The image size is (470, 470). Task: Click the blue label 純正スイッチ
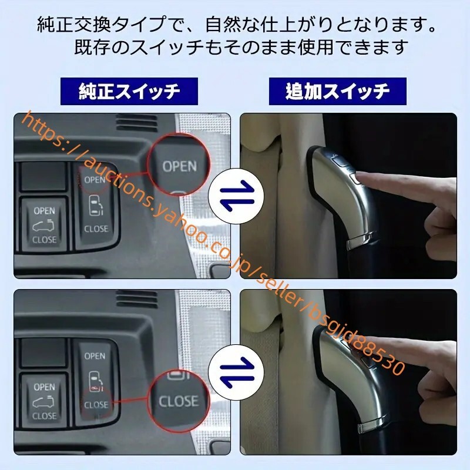(x=129, y=91)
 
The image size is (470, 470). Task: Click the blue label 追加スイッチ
(x=337, y=91)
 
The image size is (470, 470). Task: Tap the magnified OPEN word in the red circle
(x=180, y=166)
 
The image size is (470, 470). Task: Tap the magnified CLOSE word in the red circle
(x=179, y=401)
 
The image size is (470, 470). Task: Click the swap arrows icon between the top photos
(x=236, y=196)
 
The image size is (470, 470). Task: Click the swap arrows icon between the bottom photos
(x=236, y=372)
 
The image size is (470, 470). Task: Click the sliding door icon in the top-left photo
(x=96, y=206)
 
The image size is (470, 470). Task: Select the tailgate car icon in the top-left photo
(x=43, y=226)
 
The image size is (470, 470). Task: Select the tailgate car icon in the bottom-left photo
(x=43, y=402)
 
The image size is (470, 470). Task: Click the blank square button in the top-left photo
(x=43, y=176)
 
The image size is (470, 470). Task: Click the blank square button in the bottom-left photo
(x=43, y=352)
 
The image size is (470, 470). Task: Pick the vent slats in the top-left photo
(x=137, y=122)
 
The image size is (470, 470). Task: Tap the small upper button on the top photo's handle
(x=338, y=160)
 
